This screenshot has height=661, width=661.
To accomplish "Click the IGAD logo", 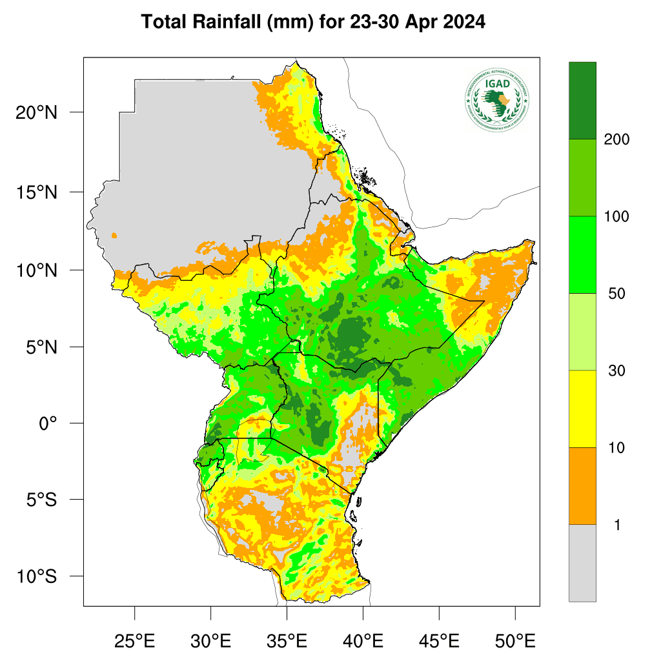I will (x=496, y=99).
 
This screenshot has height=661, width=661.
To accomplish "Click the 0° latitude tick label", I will (x=48, y=423).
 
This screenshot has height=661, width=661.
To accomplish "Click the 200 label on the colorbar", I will (x=616, y=139).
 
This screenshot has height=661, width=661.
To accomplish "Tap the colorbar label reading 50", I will (x=616, y=294).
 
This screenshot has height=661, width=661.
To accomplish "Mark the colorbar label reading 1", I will (x=616, y=525).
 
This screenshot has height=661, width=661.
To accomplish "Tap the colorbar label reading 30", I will (x=616, y=371).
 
